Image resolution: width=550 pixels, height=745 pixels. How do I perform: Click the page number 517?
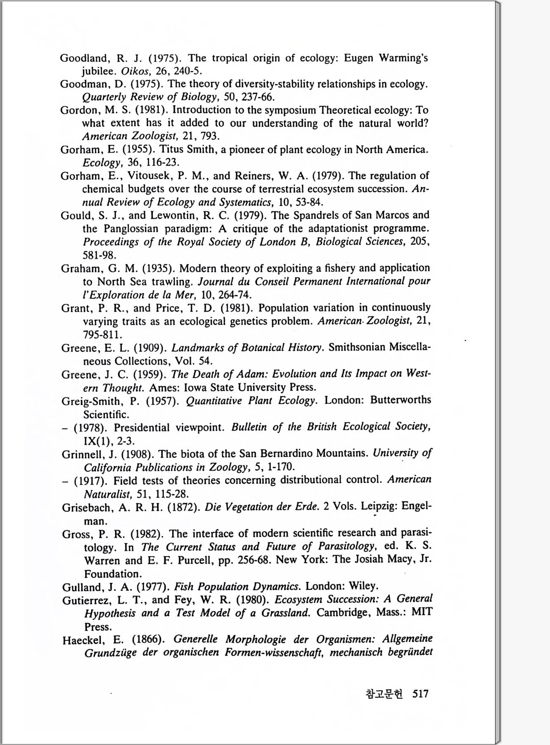point(420,694)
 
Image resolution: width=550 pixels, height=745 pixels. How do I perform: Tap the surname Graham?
point(82,269)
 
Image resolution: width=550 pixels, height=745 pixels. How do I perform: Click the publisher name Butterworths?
point(401,400)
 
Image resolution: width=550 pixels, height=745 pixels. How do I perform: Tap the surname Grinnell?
point(83,454)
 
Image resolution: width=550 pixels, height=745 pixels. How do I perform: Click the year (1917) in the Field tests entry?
point(91,481)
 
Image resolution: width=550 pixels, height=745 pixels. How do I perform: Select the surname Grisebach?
point(87,508)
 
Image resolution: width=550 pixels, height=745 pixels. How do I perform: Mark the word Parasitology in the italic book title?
point(346,547)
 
